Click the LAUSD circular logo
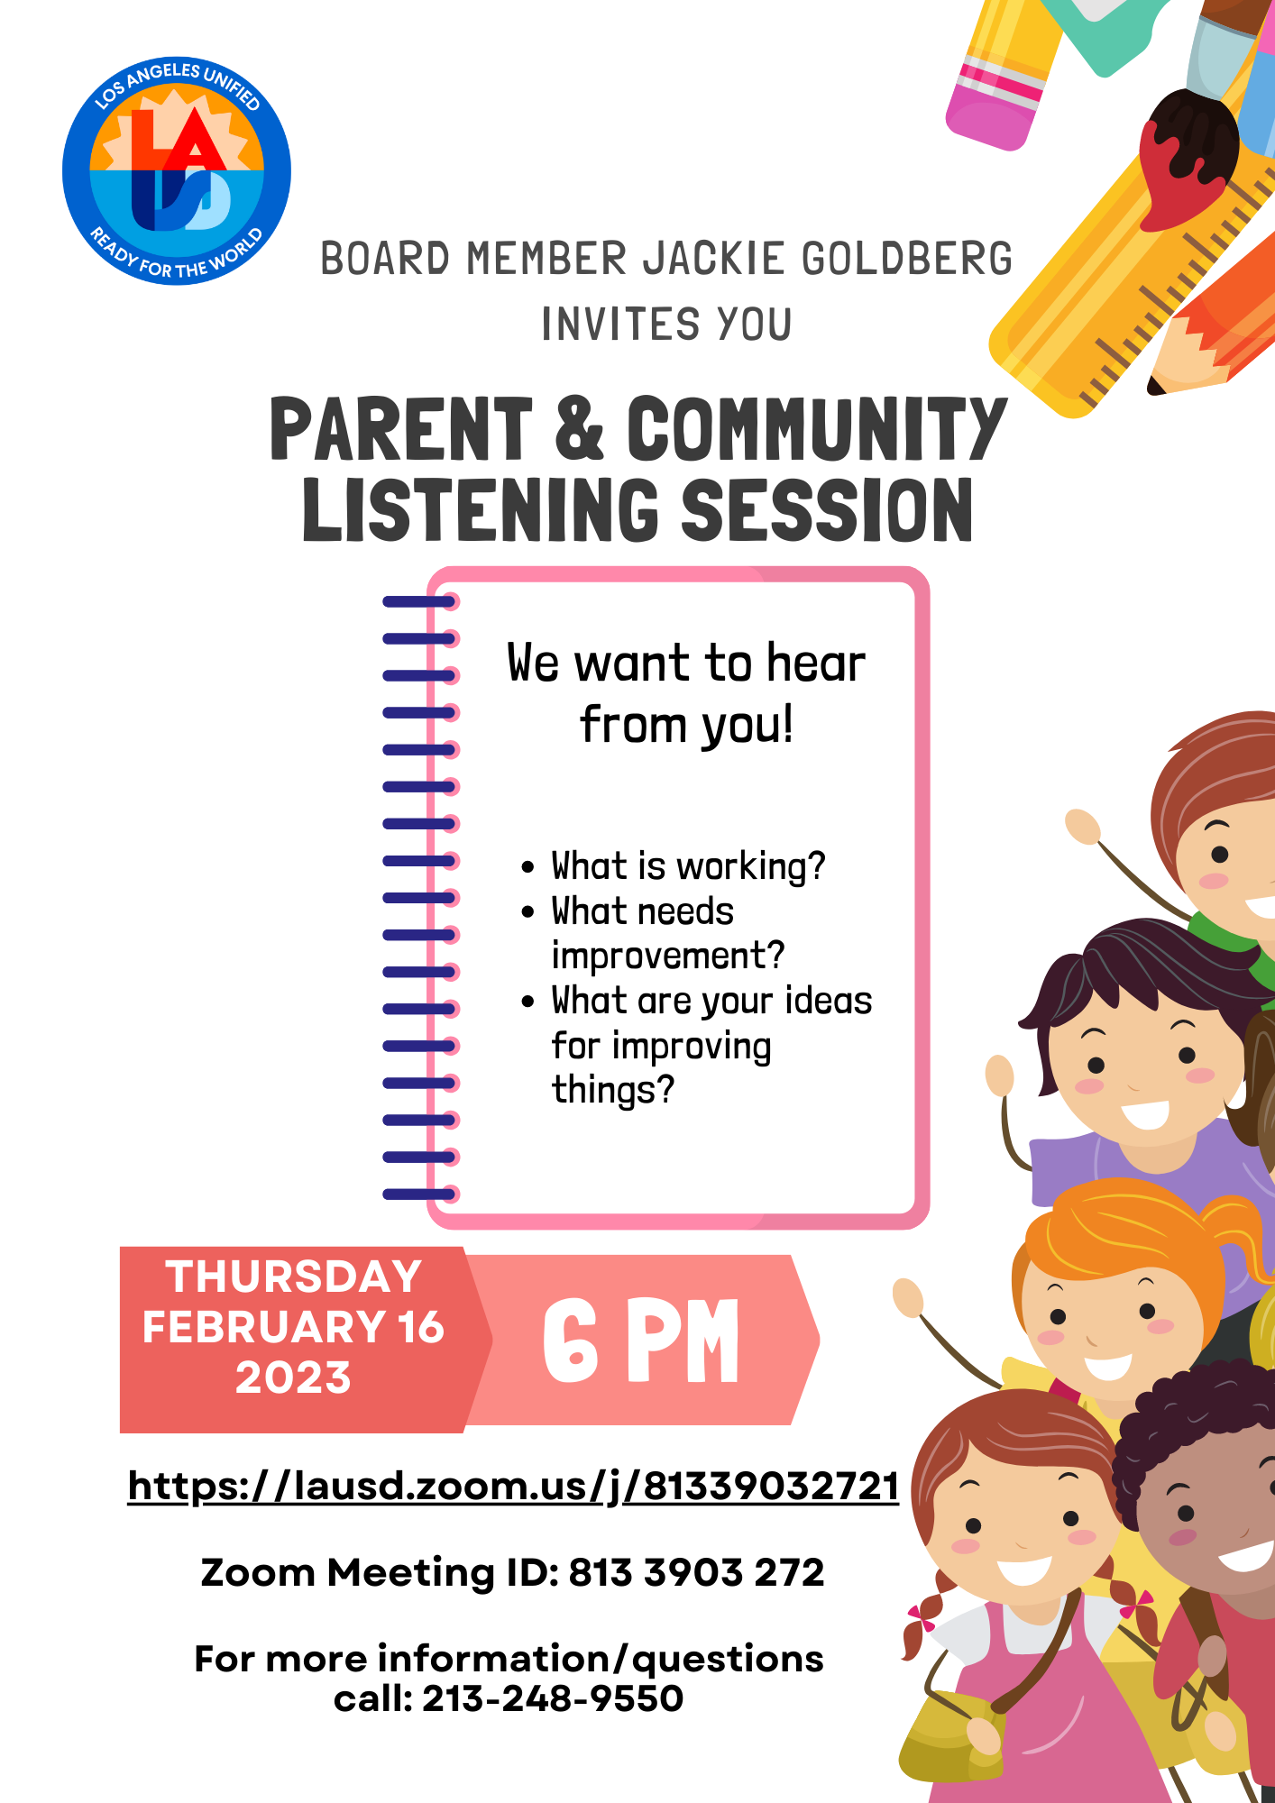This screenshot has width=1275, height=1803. point(177,171)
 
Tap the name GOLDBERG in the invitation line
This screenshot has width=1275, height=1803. point(906,260)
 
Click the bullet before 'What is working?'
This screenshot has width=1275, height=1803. point(528,868)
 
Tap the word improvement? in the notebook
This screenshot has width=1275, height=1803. point(668,956)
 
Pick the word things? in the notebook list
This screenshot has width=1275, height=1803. point(613,1090)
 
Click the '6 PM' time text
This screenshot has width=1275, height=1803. point(641,1341)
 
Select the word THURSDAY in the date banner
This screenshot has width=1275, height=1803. point(294,1277)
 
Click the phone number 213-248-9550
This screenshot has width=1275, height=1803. point(553,1699)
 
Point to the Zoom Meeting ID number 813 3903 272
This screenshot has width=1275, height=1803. point(696,1573)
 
